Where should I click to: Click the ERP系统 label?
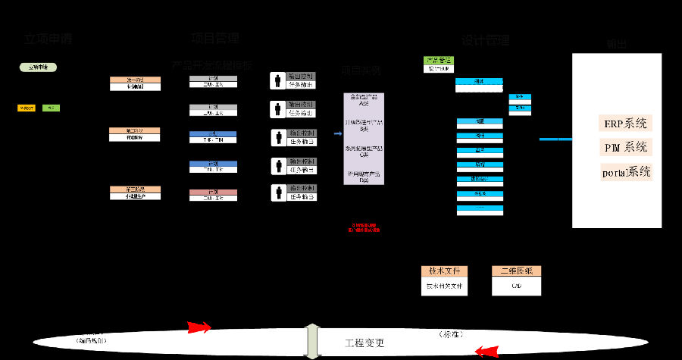click(625, 124)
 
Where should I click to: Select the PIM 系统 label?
click(626, 147)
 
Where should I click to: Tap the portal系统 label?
click(627, 171)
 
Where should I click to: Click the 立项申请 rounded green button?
click(38, 67)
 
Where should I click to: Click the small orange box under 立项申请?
click(27, 108)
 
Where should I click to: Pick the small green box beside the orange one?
click(51, 108)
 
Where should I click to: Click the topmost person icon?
click(278, 80)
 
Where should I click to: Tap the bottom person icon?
click(278, 193)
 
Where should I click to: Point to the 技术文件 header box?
click(445, 271)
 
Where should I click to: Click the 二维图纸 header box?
click(517, 271)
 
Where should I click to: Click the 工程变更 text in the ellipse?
click(365, 343)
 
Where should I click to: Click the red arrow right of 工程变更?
click(486, 351)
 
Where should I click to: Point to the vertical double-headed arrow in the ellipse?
click(311, 342)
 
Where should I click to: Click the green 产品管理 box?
click(439, 60)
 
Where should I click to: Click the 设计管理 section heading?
click(485, 40)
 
